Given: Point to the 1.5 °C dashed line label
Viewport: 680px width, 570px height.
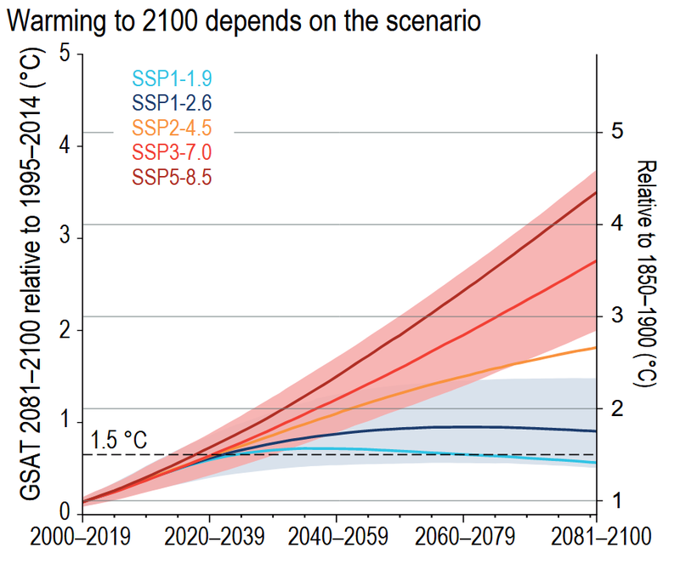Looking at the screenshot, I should [118, 442].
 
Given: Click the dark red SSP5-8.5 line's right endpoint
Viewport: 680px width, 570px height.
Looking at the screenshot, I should [595, 192].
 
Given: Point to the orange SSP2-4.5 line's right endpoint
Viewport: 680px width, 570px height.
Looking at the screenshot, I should [595, 347].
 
